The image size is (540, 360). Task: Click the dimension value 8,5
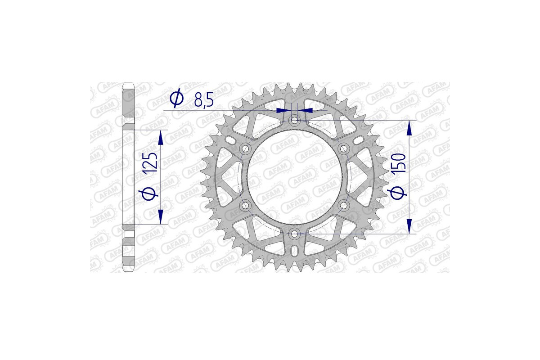coord(204,100)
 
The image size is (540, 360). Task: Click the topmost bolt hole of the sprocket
coord(295,120)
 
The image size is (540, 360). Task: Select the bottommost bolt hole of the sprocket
coord(295,234)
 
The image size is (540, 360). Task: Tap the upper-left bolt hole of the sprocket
coord(245,148)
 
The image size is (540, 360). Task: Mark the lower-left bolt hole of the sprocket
coord(245,206)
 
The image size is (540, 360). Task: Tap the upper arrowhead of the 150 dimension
coord(409,128)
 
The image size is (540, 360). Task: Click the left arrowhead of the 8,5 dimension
coord(282,110)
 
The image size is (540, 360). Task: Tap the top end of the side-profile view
coord(128,84)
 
